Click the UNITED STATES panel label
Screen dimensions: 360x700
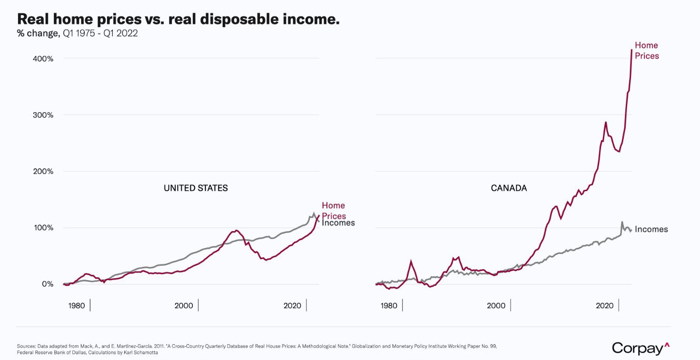tap(196, 188)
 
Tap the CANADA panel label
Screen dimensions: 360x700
tap(509, 188)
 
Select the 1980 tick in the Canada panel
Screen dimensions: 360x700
tap(389, 305)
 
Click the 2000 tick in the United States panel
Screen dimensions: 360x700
tap(184, 305)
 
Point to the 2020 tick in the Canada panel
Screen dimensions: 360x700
tap(604, 305)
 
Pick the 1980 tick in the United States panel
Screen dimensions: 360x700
tap(76, 305)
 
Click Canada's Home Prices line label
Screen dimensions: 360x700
tap(647, 50)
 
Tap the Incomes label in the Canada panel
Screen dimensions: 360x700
tap(651, 229)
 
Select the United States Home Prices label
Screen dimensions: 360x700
tap(334, 211)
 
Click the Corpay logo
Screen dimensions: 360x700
tap(641, 348)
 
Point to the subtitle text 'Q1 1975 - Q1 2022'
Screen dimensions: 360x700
tap(100, 34)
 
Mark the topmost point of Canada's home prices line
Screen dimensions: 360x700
tap(631, 49)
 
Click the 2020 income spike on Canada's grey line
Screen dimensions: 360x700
tap(622, 222)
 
